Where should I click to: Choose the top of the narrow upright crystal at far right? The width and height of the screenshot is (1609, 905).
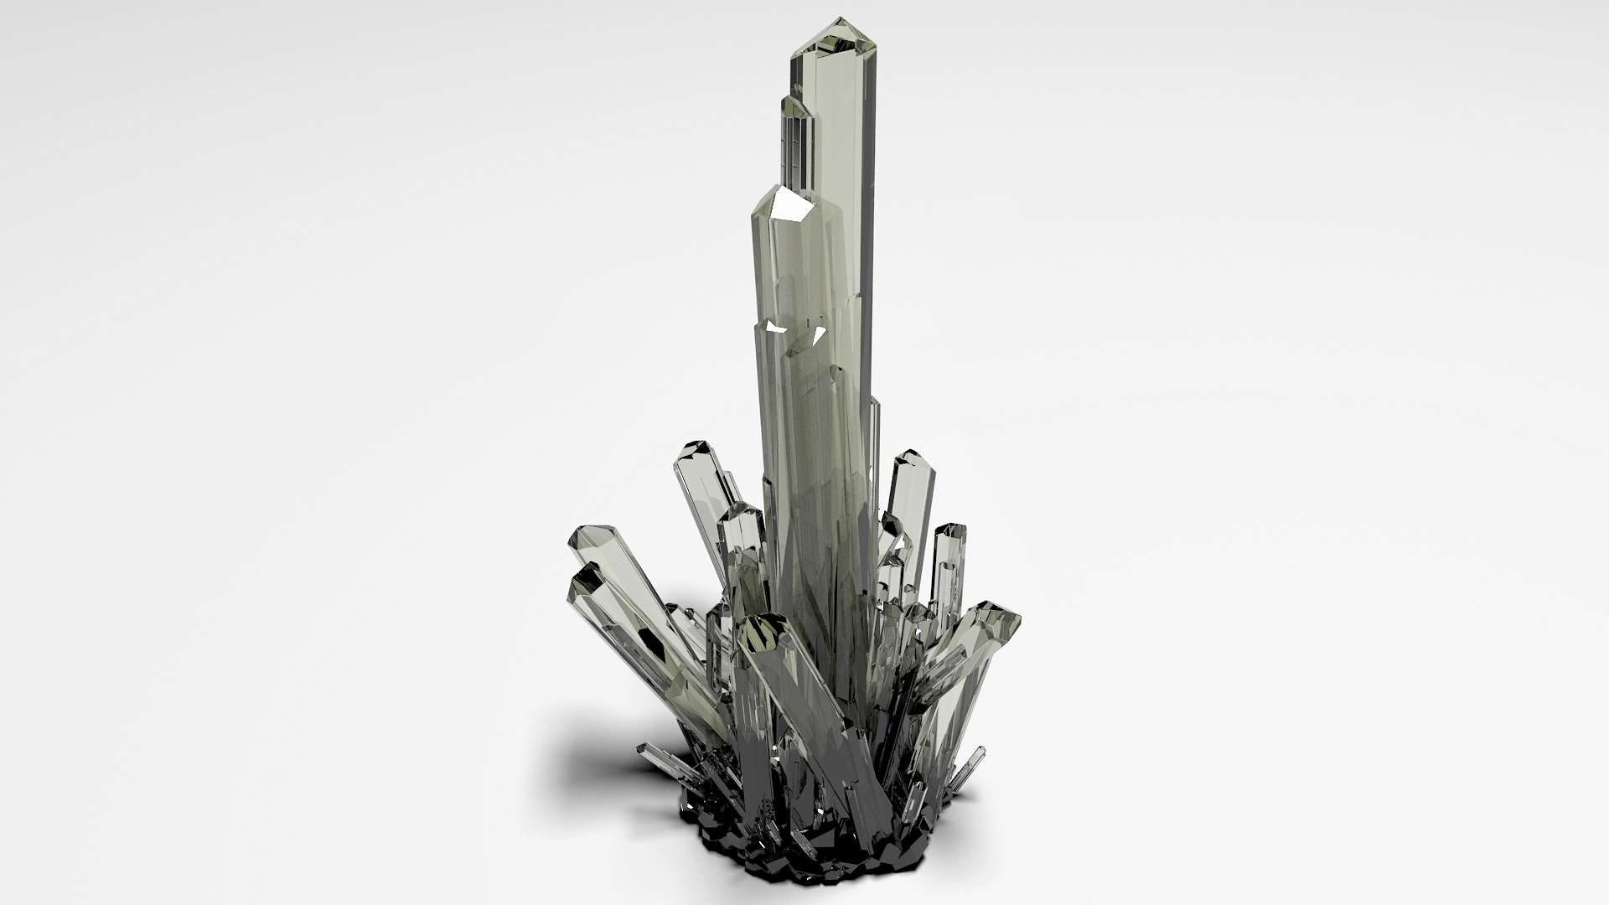click(951, 531)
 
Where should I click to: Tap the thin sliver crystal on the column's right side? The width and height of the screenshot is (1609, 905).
click(875, 452)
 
